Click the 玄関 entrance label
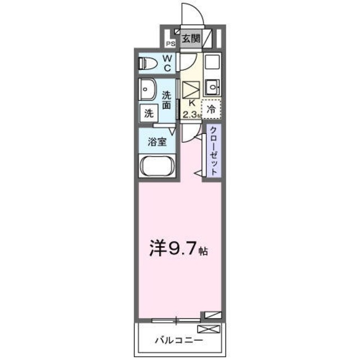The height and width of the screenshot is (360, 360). point(191,39)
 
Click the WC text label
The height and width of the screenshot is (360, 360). point(168,62)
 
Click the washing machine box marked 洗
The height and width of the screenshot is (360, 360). point(148,112)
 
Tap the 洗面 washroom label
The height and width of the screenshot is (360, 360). point(167,100)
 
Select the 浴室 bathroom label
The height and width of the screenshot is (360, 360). point(157,142)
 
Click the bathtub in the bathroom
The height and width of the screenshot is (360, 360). point(157,167)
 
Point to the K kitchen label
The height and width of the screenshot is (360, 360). point(192,103)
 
